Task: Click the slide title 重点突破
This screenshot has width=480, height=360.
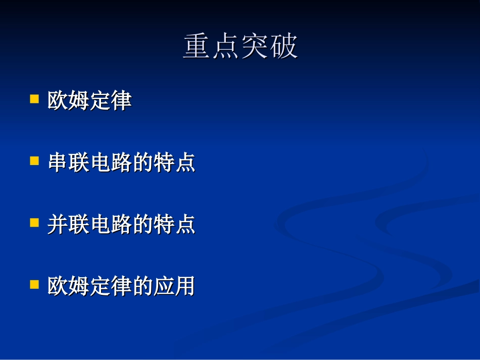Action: [x=241, y=47]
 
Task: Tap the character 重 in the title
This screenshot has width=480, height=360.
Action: [x=197, y=47]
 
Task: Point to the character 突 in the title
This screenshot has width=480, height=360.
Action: [x=255, y=47]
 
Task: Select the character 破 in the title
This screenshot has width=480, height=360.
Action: [x=284, y=47]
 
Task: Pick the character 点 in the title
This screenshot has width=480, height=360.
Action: [x=226, y=47]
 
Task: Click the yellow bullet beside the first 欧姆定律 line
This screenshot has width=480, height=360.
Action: [x=34, y=98]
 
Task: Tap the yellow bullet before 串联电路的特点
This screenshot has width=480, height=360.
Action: [x=34, y=161]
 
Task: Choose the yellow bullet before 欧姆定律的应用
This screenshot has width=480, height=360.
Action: [x=34, y=285]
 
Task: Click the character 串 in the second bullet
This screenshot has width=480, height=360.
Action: [x=58, y=163]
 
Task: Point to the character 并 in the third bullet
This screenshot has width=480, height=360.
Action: [x=58, y=225]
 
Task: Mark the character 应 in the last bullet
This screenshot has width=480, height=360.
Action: [x=163, y=286]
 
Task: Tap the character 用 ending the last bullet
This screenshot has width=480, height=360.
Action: [x=184, y=286]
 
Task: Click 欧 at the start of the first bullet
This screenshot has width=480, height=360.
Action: [x=58, y=100]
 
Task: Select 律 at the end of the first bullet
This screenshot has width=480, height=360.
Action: [x=121, y=100]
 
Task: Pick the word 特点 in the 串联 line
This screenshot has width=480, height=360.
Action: [x=174, y=163]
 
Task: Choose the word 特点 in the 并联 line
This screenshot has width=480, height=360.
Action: [x=174, y=225]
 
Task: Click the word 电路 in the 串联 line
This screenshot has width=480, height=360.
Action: [x=111, y=163]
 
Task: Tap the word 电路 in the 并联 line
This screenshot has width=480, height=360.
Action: [x=111, y=225]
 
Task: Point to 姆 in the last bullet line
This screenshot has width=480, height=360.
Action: [x=79, y=286]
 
